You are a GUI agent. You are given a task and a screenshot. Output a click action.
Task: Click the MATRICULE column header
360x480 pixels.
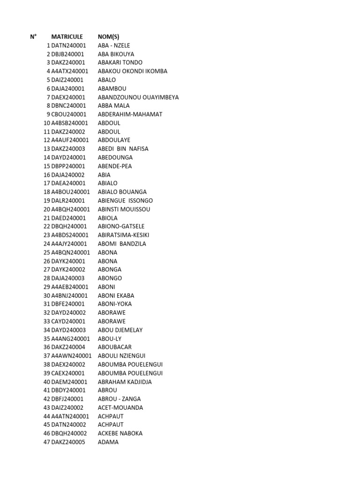tap(67, 37)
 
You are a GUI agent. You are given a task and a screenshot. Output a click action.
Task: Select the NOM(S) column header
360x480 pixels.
tap(108, 37)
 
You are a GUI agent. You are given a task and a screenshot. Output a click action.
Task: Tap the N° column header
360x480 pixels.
tap(33, 37)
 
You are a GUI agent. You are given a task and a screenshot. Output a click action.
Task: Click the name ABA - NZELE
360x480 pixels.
tap(114, 45)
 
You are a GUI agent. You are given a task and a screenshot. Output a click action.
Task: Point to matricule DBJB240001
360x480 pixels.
tap(68, 54)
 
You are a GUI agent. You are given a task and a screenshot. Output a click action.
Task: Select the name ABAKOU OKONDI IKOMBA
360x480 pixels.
tap(133, 71)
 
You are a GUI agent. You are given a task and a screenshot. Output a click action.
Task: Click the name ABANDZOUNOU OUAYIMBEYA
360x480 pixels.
tap(138, 97)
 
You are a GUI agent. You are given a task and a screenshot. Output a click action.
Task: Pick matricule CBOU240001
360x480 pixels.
tap(68, 114)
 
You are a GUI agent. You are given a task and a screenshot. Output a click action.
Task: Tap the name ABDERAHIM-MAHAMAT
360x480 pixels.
tap(130, 114)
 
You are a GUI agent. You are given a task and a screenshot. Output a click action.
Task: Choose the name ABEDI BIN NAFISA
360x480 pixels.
tap(123, 149)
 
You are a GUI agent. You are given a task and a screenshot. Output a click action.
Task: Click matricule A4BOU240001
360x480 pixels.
tap(70, 192)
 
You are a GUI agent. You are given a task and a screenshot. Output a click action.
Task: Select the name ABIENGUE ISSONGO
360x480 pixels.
tap(126, 201)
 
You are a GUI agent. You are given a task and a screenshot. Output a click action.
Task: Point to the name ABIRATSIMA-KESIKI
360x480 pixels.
tap(124, 235)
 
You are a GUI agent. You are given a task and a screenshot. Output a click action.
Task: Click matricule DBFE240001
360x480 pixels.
tap(68, 304)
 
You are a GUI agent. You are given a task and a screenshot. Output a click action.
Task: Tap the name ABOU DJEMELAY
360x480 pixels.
tap(120, 330)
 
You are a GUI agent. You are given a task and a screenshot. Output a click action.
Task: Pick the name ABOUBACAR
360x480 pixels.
tap(115, 347)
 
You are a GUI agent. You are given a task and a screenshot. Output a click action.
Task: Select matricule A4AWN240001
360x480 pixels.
tap(71, 356)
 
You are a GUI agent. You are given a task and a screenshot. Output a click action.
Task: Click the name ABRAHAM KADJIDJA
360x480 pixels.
tap(125, 382)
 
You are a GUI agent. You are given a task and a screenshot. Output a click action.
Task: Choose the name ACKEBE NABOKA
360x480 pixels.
tap(120, 433)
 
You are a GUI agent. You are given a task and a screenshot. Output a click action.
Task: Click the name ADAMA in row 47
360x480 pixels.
tap(108, 442)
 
